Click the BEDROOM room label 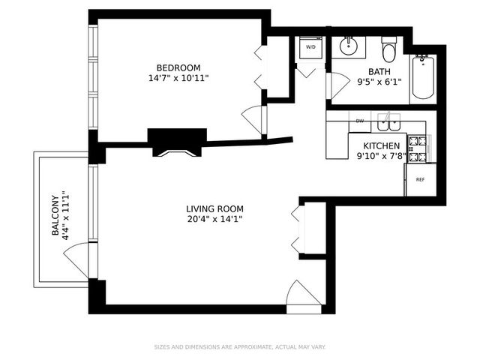click(x=178, y=67)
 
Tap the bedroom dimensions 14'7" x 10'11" click(x=178, y=78)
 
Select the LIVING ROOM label click(x=214, y=208)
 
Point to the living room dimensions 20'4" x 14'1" click(x=214, y=219)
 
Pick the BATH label click(x=379, y=73)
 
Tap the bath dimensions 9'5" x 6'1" click(x=379, y=83)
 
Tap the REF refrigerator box click(x=420, y=180)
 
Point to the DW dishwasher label click(x=360, y=121)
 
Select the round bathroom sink click(x=348, y=46)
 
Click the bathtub click(x=421, y=79)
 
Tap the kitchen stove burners click(x=416, y=148)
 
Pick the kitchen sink click(x=388, y=121)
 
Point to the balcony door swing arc click(x=76, y=259)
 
